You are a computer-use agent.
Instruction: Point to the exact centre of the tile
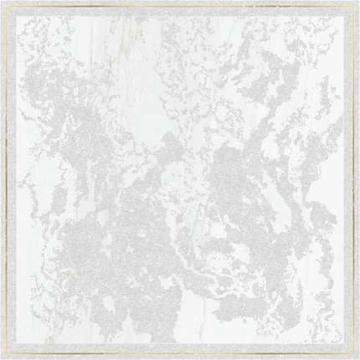tap(180, 180)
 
